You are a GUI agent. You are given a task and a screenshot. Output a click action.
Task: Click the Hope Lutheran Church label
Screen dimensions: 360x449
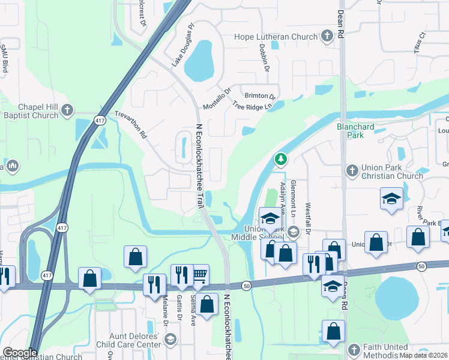[276, 37]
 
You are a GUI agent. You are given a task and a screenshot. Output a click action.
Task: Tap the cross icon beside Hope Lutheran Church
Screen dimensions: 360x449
[327, 37]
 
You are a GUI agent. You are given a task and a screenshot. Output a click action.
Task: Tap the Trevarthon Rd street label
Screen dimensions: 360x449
[131, 125]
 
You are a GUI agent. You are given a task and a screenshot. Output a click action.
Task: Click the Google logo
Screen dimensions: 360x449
[19, 353]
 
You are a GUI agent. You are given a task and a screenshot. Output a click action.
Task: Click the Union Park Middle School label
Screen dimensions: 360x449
[256, 233]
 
